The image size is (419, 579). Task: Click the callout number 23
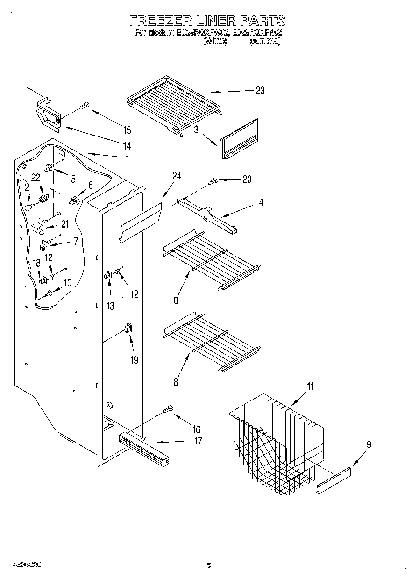coord(260,91)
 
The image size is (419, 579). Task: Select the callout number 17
coord(198,441)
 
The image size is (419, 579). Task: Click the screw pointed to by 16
coord(168,409)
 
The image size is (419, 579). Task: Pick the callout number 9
coord(369,445)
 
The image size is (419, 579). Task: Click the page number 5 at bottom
coord(209,565)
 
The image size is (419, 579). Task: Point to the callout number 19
coord(135,360)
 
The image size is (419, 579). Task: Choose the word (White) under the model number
coord(215,41)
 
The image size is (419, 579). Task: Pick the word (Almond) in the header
coord(265,41)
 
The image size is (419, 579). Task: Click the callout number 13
coord(110,306)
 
